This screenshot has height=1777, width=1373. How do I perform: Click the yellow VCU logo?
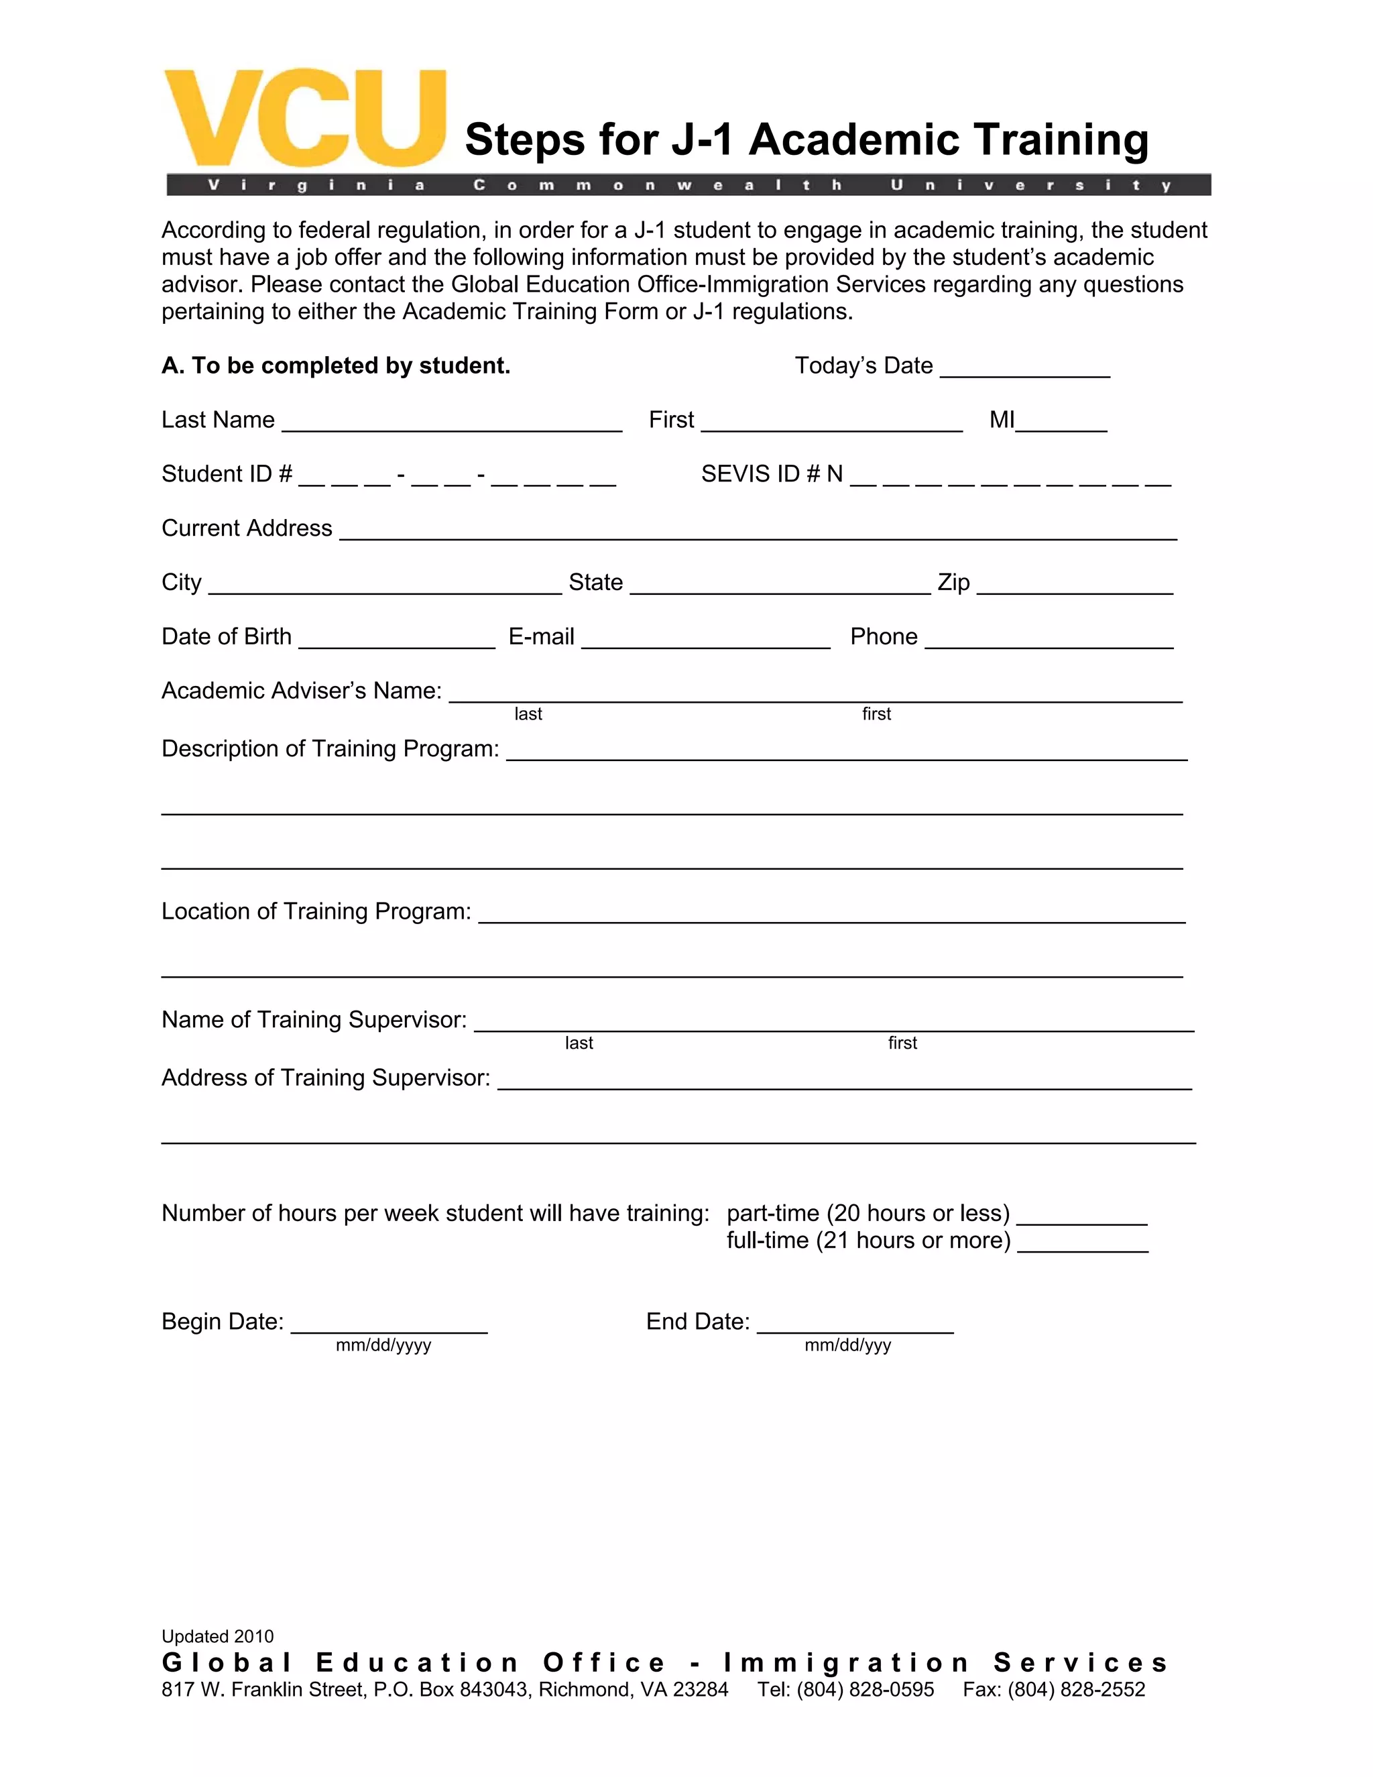pos(304,119)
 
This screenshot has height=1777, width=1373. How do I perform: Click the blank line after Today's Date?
pos(1024,367)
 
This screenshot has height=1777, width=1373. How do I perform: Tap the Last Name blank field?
pos(451,422)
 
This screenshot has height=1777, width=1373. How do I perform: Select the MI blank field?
pos(1061,422)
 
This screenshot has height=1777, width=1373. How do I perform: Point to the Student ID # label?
pos(226,474)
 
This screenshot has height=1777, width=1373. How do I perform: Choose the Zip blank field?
pos(1075,584)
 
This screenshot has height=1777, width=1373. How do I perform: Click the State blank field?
pos(779,584)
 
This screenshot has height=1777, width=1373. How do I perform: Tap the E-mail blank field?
pos(705,638)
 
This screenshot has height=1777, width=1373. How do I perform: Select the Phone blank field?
pos(1049,638)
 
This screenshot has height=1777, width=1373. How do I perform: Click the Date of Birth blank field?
pos(396,638)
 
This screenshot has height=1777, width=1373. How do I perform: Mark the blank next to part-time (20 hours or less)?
pos(1082,1215)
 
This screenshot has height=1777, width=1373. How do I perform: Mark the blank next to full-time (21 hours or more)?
pos(1082,1242)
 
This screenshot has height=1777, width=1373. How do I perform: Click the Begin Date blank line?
pos(389,1323)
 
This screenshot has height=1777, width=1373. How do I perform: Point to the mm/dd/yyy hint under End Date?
pos(847,1346)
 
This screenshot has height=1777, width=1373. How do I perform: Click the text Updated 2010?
pos(217,1636)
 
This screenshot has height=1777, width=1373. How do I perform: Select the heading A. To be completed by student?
pos(336,366)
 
